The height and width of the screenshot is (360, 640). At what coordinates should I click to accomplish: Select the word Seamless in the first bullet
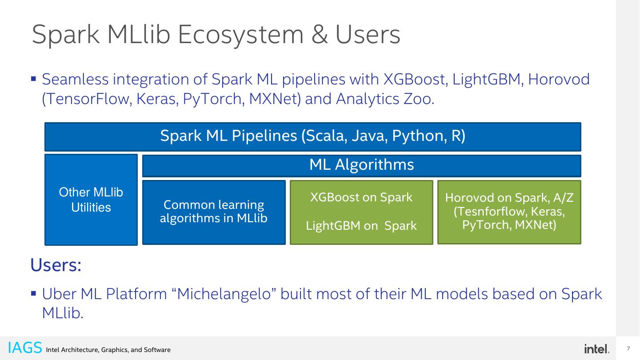pyautogui.click(x=75, y=80)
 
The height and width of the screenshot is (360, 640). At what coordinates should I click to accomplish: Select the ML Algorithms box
pyautogui.click(x=361, y=165)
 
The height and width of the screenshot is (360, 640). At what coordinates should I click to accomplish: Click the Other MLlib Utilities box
pyautogui.click(x=91, y=200)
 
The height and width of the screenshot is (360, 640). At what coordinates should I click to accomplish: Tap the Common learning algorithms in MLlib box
pyautogui.click(x=214, y=212)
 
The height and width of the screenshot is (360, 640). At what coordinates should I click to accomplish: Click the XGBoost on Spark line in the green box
pyautogui.click(x=361, y=197)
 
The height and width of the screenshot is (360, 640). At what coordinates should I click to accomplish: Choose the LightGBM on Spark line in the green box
pyautogui.click(x=361, y=226)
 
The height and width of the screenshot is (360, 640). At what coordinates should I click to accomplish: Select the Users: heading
pyautogui.click(x=56, y=265)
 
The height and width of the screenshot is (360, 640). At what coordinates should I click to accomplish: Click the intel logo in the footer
pyautogui.click(x=596, y=349)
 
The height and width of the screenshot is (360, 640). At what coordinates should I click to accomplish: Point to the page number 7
pyautogui.click(x=628, y=348)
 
